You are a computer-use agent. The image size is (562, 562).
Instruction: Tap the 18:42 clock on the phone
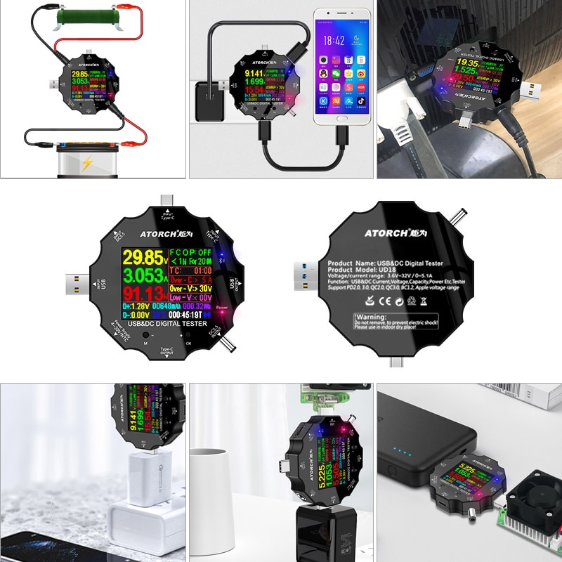click(334, 41)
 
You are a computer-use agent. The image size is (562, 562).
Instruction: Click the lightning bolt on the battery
click(86, 165)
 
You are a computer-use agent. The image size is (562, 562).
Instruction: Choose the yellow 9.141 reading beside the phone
click(254, 72)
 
